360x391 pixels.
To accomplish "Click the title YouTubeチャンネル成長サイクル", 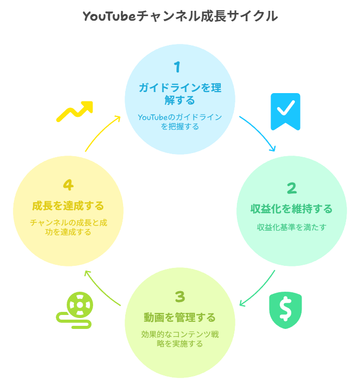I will tap(180, 16).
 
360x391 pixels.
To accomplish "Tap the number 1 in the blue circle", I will tap(177, 67).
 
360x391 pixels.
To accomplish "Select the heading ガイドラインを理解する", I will tap(180, 94).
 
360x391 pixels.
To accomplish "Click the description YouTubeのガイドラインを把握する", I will tap(180, 122).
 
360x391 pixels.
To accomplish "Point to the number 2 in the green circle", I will tap(292, 188).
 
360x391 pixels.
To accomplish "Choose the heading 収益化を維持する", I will tap(292, 209).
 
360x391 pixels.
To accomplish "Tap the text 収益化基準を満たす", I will tap(292, 227).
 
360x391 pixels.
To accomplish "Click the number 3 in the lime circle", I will tap(179, 296).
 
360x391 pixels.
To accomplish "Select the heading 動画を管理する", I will tap(179, 317).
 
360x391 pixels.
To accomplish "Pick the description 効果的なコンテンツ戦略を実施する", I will tap(180, 339).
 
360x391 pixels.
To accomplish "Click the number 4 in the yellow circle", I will tap(68, 185).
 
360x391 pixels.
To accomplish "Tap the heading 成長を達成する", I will tap(68, 206).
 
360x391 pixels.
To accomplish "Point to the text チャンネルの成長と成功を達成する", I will tap(68, 228).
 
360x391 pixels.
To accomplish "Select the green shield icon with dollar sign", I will tap(286, 310).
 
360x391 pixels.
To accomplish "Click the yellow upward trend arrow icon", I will tap(74, 111).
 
